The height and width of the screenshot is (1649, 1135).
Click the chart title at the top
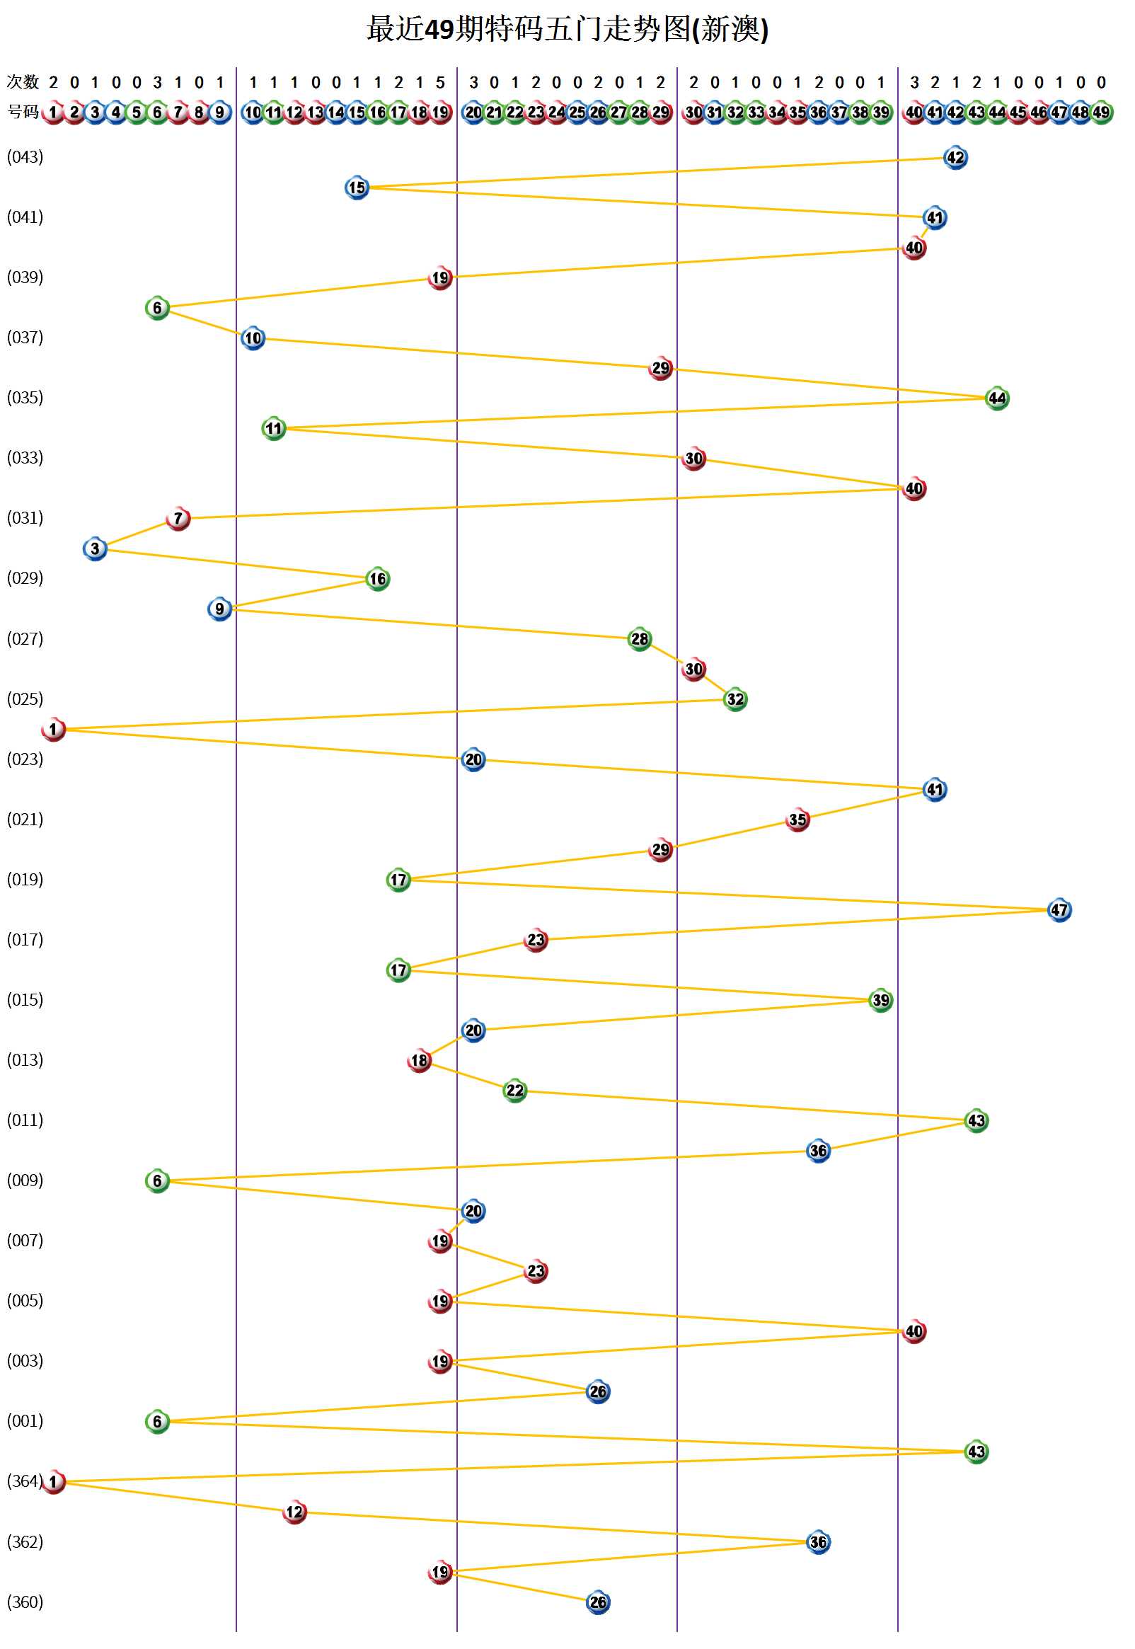tap(567, 30)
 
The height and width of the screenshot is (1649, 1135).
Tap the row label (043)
tap(25, 157)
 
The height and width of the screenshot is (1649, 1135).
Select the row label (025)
tap(25, 699)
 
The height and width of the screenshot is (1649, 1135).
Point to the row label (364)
tap(25, 1481)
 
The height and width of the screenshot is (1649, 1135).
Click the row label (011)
tap(25, 1120)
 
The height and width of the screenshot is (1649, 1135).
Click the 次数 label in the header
tap(22, 83)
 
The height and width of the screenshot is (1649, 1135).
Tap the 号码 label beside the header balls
tap(22, 113)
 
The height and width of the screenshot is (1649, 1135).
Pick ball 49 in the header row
tap(1101, 113)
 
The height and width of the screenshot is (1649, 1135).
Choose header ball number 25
tap(577, 113)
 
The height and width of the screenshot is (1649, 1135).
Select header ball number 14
tap(336, 113)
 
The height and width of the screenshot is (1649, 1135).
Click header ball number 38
tap(860, 113)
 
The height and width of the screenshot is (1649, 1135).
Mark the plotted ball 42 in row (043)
tap(955, 158)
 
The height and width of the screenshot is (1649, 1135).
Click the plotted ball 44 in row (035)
tap(997, 398)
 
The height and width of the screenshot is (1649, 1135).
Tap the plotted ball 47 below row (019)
tap(1059, 910)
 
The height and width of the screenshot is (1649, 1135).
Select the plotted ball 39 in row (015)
tap(880, 1001)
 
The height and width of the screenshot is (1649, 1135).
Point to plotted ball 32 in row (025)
tap(734, 700)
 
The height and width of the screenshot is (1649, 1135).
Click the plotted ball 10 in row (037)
tap(253, 338)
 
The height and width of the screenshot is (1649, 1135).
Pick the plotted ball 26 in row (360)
tap(598, 1603)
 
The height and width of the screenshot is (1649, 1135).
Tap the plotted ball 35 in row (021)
tap(797, 820)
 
